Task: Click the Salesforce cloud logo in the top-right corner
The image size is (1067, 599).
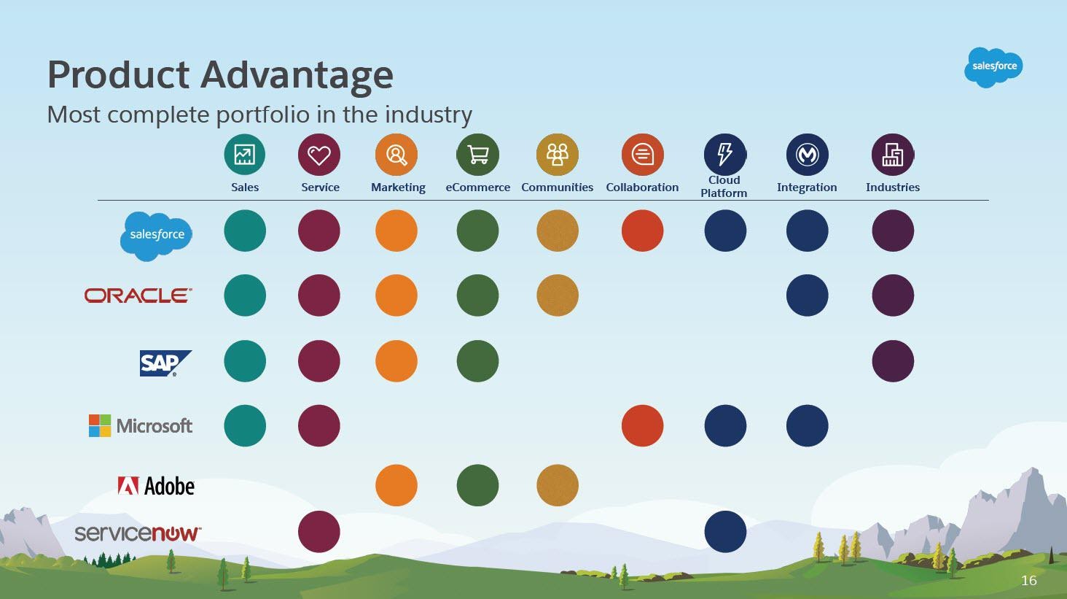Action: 993,67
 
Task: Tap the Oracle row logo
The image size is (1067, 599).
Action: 138,295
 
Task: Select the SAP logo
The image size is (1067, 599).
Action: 165,363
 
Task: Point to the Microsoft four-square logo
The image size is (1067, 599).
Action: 100,425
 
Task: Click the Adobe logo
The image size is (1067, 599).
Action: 156,486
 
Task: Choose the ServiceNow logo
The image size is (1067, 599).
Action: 138,533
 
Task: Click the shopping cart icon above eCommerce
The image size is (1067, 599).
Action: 478,155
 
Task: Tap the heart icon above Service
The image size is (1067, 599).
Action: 319,155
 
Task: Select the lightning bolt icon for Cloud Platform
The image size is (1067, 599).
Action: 725,155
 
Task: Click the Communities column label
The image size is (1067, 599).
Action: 557,188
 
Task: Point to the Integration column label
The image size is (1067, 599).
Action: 807,188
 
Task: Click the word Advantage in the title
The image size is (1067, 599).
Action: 297,75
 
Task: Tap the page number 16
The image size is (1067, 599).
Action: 1029,581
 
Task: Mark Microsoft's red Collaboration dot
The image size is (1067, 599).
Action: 642,425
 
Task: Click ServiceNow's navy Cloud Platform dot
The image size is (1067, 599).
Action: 725,532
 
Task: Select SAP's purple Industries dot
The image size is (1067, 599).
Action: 893,361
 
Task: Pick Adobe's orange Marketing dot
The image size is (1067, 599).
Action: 396,485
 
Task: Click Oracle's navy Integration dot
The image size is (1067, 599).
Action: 807,295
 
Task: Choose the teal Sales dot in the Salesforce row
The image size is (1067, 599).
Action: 245,231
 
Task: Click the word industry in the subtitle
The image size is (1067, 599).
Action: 429,115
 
